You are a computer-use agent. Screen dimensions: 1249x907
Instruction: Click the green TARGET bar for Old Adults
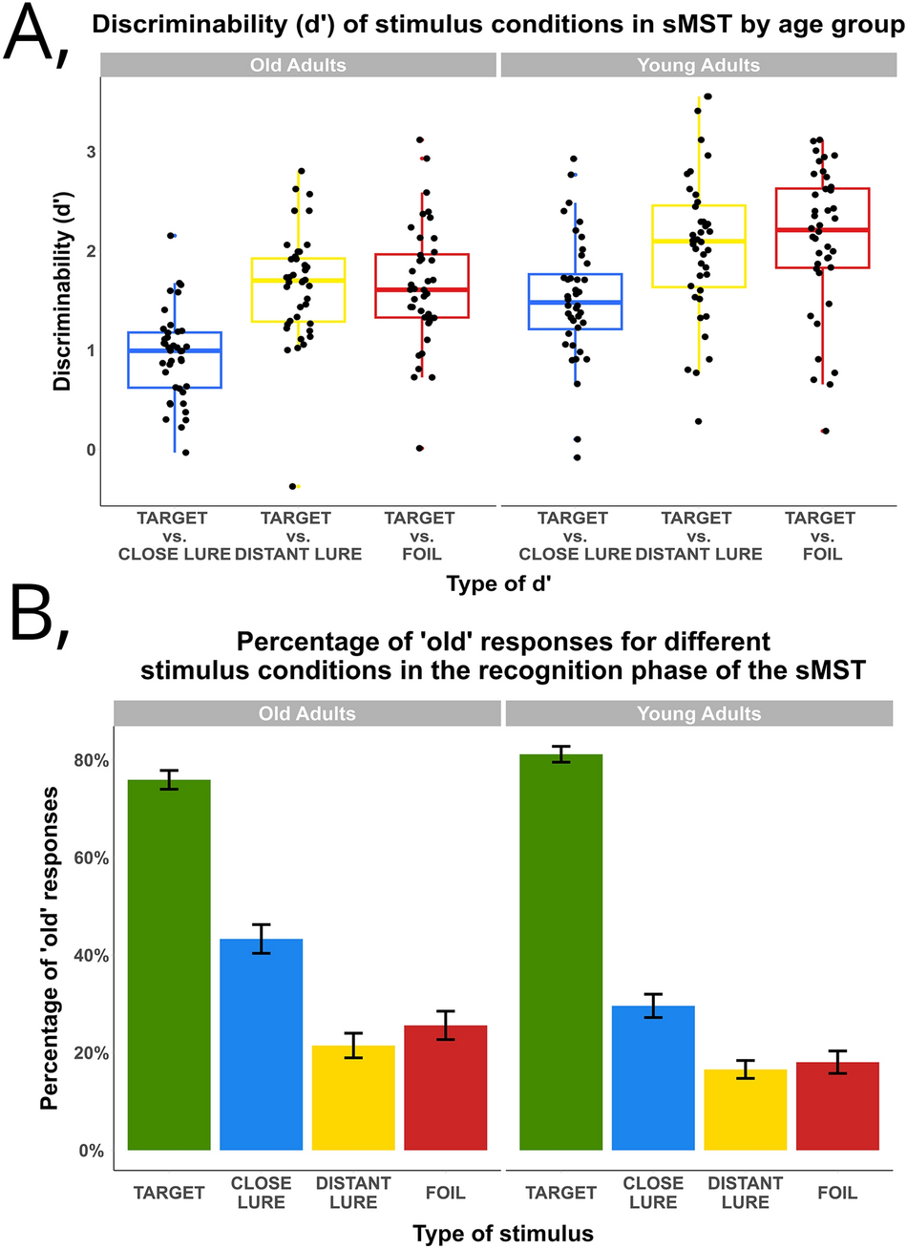(169, 964)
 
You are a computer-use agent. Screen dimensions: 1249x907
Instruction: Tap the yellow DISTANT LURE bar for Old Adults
(353, 1097)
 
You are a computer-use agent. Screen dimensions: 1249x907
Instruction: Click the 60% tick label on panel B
(91, 858)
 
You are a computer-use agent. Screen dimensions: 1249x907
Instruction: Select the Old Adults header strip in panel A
(298, 65)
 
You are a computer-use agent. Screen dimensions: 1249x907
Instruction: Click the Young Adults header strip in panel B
(698, 713)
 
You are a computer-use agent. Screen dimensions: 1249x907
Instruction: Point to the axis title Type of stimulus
(503, 1233)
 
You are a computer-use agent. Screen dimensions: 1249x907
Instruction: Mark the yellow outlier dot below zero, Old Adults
(293, 486)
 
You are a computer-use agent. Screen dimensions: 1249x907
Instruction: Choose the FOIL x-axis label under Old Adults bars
(445, 1192)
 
